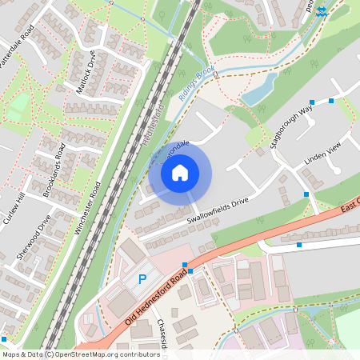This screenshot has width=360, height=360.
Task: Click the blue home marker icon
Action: [x=180, y=172]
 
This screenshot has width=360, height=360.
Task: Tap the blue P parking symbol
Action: [x=142, y=279]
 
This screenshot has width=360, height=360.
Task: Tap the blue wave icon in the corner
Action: [x=322, y=11]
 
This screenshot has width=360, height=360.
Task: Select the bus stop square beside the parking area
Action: [x=184, y=265]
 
